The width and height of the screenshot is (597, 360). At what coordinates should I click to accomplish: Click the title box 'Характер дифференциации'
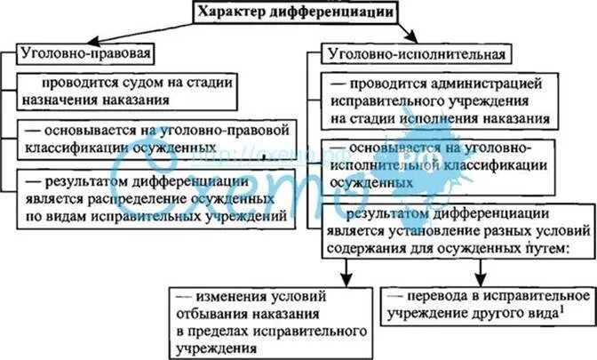coord(298,12)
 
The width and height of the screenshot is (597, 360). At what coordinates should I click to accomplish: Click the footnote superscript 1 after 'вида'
coord(562,308)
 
